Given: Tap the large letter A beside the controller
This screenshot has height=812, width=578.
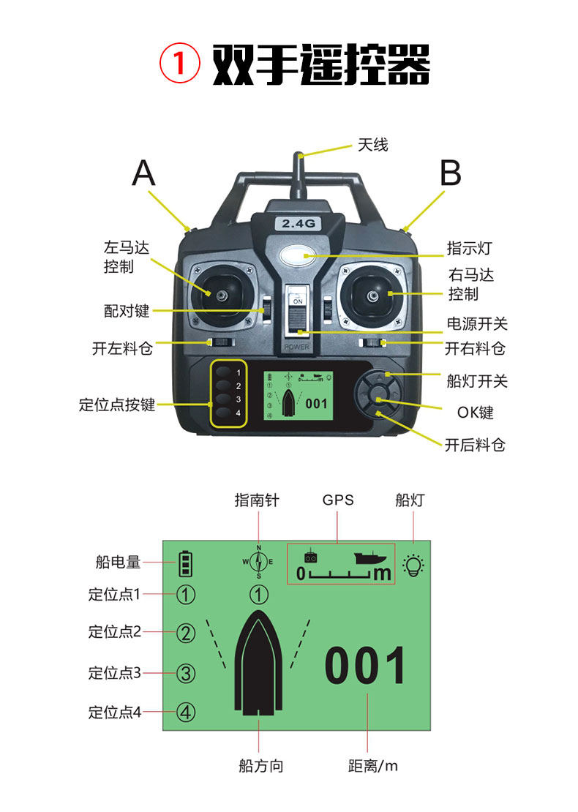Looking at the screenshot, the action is [143, 173].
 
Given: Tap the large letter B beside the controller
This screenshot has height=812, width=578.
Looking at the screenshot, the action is [450, 173].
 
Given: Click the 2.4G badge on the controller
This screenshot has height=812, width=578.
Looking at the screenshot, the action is [299, 224].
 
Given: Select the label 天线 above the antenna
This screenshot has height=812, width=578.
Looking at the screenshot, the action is [373, 145].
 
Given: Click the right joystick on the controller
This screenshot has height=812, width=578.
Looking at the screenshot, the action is [372, 296].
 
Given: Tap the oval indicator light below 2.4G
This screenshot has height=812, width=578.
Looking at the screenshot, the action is [297, 256].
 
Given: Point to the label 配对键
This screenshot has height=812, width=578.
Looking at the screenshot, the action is [127, 311].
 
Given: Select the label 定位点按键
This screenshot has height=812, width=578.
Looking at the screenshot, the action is [117, 405].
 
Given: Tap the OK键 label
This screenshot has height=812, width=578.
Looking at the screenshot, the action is [476, 413].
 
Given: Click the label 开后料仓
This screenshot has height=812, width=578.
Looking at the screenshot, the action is [475, 444].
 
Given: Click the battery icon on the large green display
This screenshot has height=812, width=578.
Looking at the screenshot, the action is [185, 563].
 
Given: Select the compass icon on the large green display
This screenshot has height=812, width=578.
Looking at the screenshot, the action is [258, 561].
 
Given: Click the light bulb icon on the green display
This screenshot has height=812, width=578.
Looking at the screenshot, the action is [413, 565].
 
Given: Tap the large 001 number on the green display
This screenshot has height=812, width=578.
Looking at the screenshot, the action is [364, 666].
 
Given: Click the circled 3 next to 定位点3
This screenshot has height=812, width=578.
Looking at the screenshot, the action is [186, 673].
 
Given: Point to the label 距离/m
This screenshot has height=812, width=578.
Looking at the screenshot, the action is [373, 766].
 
